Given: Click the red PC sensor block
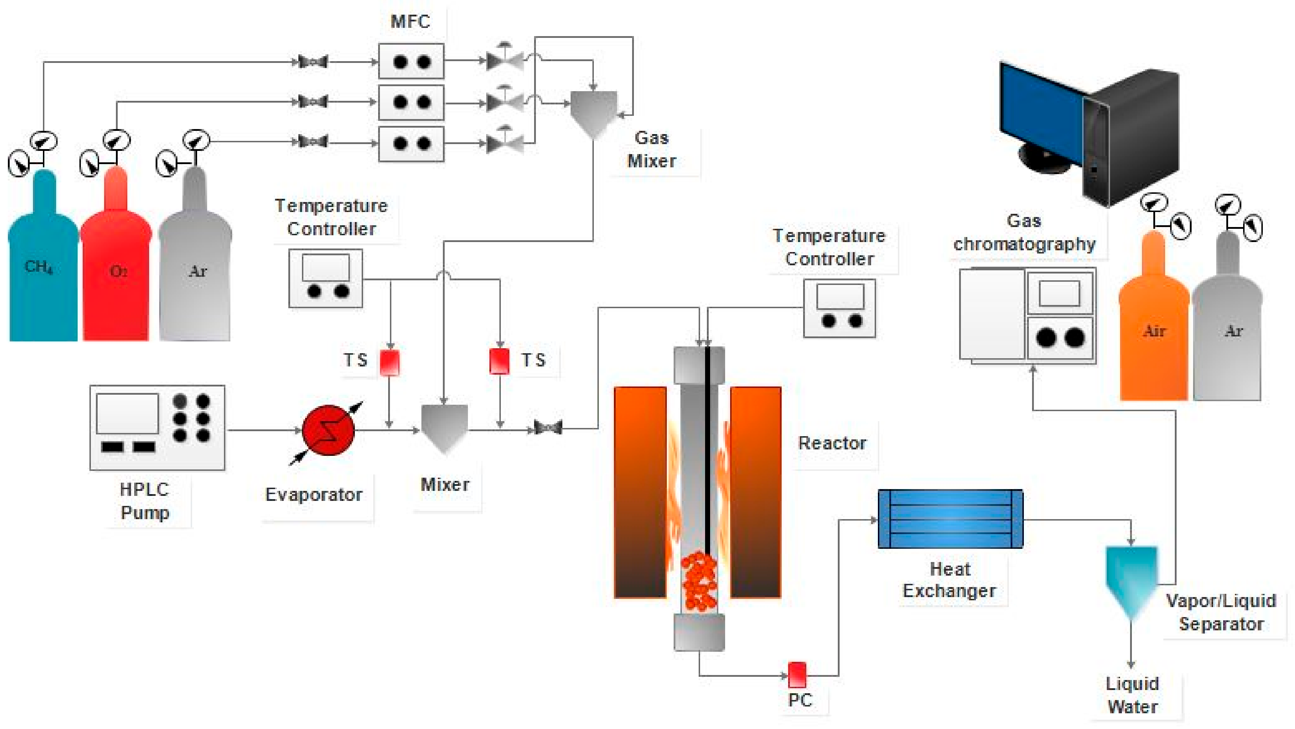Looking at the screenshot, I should coord(796,674).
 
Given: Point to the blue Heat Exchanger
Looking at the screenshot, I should coord(950,518).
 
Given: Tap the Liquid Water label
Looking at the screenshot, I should coord(1132,695).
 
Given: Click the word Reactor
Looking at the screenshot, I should coord(832,443).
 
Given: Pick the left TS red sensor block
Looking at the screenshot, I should coord(389,362).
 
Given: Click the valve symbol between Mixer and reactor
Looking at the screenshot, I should coord(547,428).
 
